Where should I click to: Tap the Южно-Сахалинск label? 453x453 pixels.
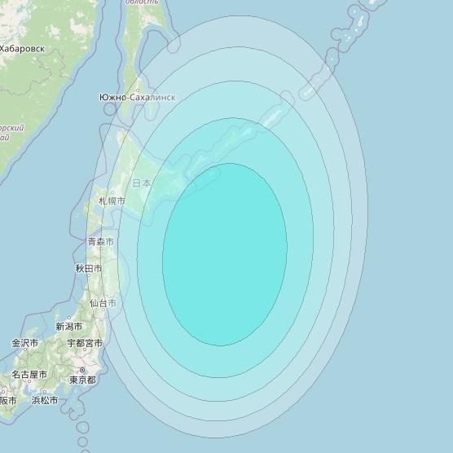click(137, 98)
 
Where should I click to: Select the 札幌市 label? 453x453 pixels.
click(112, 200)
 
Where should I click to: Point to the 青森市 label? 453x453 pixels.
click(100, 242)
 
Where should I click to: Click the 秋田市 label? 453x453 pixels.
click(89, 268)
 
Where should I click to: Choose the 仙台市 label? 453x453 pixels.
click(103, 303)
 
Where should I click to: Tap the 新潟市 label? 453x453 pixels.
click(69, 326)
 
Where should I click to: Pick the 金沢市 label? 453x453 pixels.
click(25, 343)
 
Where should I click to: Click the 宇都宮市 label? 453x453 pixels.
click(83, 343)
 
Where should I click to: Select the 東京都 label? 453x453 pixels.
click(82, 380)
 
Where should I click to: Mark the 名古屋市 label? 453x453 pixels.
click(29, 375)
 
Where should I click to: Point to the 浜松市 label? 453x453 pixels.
click(45, 400)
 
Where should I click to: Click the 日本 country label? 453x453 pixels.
click(142, 183)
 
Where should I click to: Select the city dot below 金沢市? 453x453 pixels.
click(25, 353)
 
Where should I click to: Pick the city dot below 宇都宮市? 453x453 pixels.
click(84, 353)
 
